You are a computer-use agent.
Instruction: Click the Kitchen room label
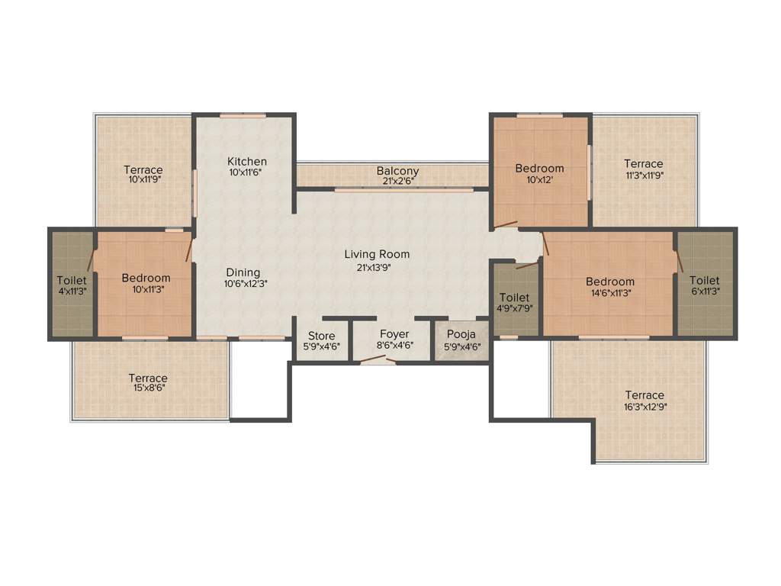(247, 161)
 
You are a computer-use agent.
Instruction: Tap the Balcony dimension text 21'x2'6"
(397, 181)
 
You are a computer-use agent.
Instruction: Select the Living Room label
(377, 254)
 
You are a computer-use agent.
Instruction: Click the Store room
(321, 340)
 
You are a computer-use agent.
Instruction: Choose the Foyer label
(394, 334)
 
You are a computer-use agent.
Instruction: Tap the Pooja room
(461, 340)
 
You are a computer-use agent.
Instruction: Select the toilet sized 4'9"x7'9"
(515, 301)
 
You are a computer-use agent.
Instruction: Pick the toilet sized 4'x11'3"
(72, 285)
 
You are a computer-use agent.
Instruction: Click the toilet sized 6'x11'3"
(705, 285)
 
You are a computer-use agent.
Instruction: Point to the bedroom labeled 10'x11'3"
(146, 283)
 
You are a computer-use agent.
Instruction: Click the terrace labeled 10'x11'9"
(144, 174)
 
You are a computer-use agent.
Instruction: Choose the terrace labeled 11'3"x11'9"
(643, 168)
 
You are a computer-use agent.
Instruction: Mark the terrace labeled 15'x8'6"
(148, 382)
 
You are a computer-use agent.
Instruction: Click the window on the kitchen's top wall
(243, 116)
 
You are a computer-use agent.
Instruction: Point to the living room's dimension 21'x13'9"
(377, 267)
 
